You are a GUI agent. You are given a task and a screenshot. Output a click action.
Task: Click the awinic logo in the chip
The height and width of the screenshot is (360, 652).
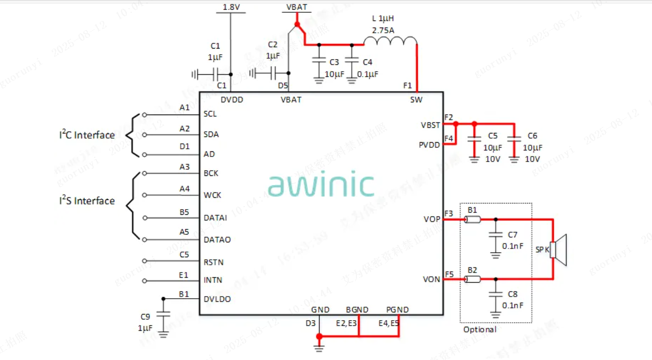(x=321, y=185)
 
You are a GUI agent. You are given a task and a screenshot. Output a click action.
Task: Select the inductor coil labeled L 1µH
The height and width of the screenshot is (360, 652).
(x=391, y=41)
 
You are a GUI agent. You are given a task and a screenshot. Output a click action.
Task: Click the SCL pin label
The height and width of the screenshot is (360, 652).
(x=210, y=114)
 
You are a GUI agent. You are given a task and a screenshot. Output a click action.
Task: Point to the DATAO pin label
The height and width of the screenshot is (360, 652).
(x=217, y=239)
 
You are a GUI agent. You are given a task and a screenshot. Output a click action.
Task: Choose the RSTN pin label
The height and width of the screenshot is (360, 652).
(x=213, y=262)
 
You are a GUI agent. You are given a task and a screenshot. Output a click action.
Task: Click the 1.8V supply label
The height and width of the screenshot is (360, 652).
(x=231, y=7)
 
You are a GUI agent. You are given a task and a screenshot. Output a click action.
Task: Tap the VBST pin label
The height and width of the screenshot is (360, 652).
(x=430, y=125)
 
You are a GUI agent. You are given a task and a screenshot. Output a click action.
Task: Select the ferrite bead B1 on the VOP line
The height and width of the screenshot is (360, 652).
(x=473, y=220)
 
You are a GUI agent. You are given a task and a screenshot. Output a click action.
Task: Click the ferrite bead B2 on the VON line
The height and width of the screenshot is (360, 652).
(x=473, y=279)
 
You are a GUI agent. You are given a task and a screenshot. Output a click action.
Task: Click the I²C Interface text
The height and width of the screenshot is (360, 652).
(x=86, y=135)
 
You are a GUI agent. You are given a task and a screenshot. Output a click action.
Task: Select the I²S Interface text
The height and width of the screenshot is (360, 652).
(x=86, y=200)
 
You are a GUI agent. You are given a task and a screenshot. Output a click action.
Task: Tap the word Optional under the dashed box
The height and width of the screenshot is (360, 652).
(x=480, y=329)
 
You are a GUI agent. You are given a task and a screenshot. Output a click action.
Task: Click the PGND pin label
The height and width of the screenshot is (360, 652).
(x=397, y=310)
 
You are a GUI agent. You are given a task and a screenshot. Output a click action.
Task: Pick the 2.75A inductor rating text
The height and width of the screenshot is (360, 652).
(x=383, y=30)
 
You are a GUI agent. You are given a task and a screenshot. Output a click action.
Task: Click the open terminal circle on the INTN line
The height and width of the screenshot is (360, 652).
(x=145, y=281)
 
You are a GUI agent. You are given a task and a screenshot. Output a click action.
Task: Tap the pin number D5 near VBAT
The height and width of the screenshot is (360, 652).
(x=283, y=85)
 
